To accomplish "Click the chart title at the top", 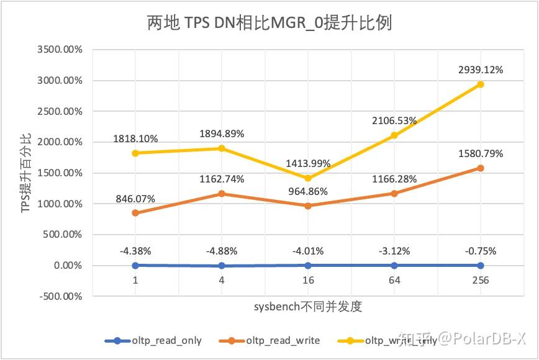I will [x=269, y=24].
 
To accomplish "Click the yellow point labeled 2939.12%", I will [x=480, y=84].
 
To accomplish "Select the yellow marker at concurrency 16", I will [x=307, y=178].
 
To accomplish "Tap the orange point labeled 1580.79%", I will [x=480, y=168].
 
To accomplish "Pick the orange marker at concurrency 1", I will [x=135, y=213].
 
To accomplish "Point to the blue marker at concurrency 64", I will [x=394, y=265].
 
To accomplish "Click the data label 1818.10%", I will [x=135, y=138].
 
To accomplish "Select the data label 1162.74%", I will [x=221, y=179].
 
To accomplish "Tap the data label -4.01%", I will [x=307, y=251].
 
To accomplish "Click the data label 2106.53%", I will [x=394, y=120].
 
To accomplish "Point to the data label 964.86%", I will [x=307, y=191].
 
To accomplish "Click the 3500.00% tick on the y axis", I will [x=60, y=50].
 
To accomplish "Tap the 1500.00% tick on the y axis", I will [x=60, y=173].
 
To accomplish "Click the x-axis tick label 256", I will [x=480, y=280].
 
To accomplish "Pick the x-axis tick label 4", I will [x=221, y=280].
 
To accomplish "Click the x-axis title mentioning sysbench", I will [x=307, y=307].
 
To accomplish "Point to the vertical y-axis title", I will [x=26, y=173].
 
